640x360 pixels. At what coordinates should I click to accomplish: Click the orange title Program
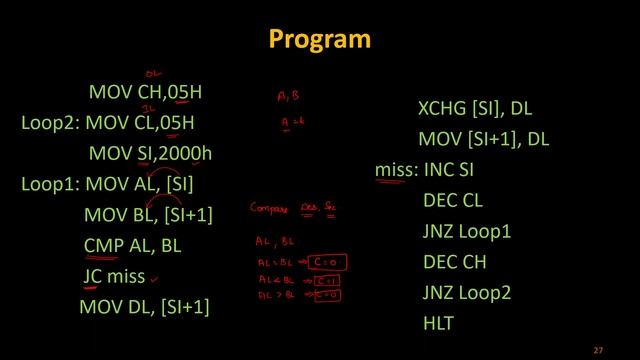[x=320, y=39]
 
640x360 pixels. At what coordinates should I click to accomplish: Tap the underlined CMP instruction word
[x=104, y=245]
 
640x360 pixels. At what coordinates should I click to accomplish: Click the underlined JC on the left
[x=93, y=276]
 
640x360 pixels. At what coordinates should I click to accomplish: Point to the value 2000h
[x=186, y=153]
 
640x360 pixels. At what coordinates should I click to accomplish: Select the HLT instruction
[x=438, y=323]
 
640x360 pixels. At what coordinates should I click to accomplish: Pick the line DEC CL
[x=453, y=200]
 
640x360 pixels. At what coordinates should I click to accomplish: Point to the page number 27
[x=599, y=350]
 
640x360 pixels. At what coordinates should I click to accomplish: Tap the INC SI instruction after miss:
[x=449, y=170]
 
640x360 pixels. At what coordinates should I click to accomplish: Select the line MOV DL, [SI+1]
[x=144, y=307]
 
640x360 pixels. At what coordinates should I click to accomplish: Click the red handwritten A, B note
[x=289, y=97]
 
